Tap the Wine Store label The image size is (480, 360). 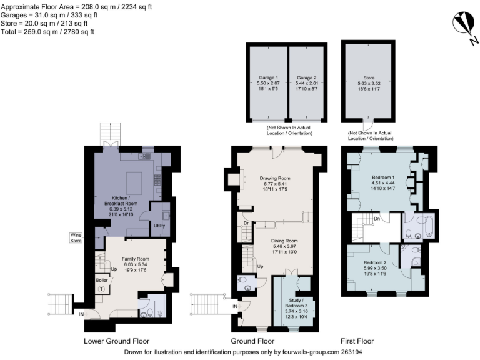(76, 238)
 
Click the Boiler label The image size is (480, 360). (101, 281)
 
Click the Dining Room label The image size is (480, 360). (284, 241)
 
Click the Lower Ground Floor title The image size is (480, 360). (117, 341)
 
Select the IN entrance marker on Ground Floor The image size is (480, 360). (234, 306)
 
